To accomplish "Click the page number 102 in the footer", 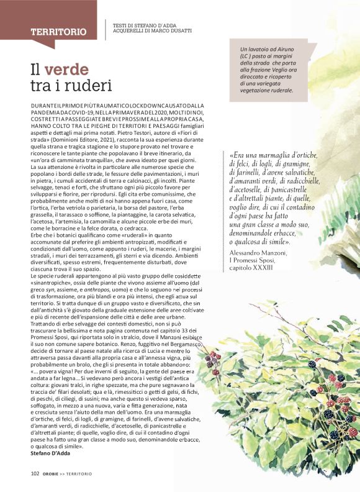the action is tap(35, 473).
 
